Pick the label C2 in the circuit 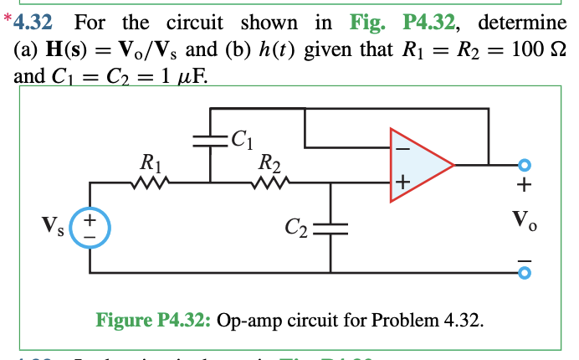coord(296,225)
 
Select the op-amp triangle coord(417,165)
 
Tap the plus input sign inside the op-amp coord(402,181)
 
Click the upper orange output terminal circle coord(525,164)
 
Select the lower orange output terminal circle coord(525,272)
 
